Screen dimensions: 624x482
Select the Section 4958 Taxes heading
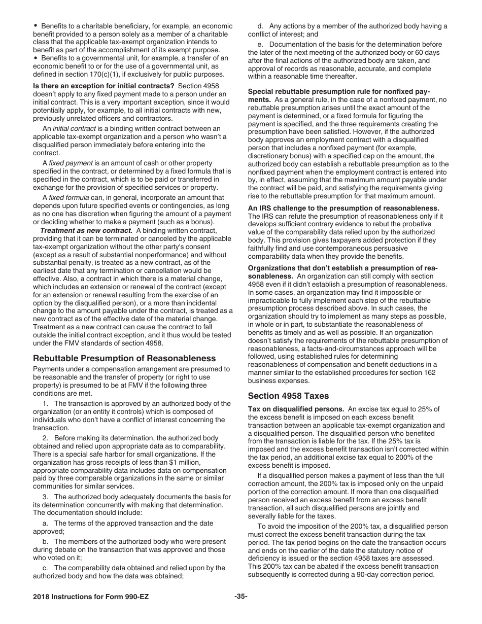pyautogui.click(x=288, y=396)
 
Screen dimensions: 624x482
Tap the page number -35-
pyautogui.click(x=240, y=596)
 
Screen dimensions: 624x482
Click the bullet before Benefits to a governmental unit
pyautogui.click(x=36, y=58)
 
